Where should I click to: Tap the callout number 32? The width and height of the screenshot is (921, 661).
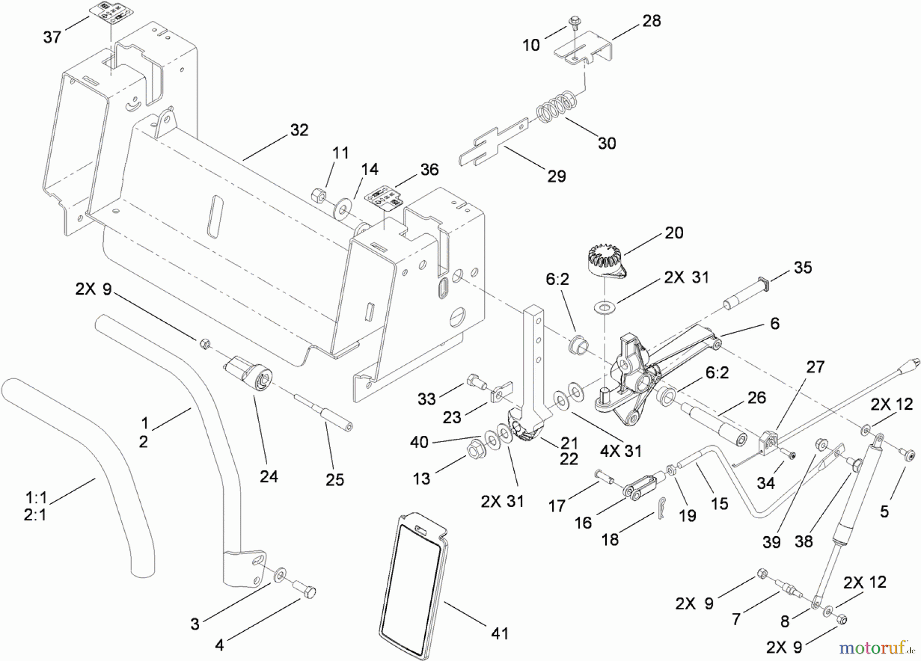point(299,130)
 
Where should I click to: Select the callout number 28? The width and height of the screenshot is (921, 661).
point(651,21)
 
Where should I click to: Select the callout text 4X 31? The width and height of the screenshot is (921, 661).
point(620,451)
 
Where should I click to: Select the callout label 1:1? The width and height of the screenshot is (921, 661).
point(35,497)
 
